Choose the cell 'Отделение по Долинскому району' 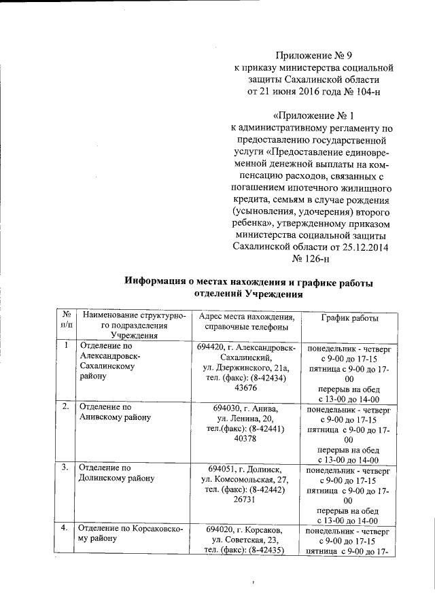[116, 474]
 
